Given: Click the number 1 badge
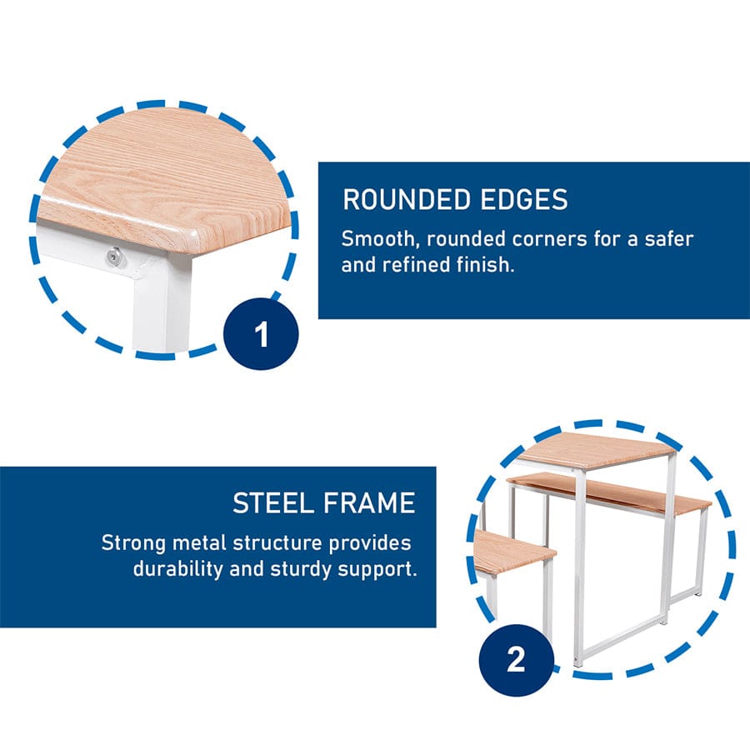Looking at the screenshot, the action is tap(261, 334).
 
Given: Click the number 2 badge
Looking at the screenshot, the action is tap(516, 660).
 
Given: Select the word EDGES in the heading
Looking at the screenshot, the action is tap(524, 199).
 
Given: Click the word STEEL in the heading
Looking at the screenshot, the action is tap(273, 503).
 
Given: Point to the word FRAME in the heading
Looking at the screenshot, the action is tap(369, 503).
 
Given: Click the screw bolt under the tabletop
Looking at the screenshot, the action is tap(113, 257).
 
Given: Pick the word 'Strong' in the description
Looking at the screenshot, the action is tap(133, 543).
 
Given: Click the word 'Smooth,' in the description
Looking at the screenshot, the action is tap(380, 238).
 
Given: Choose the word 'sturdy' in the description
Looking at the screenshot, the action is tap(301, 570).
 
